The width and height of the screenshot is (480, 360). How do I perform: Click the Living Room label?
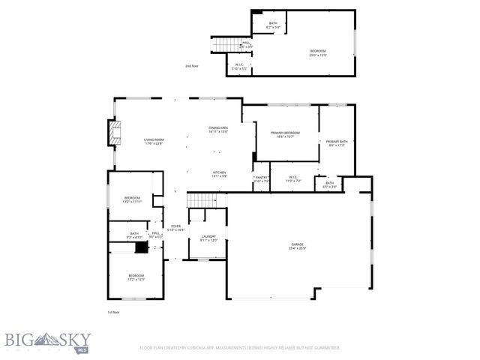pyautogui.click(x=154, y=142)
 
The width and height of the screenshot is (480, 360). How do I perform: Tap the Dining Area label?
pyautogui.click(x=219, y=130)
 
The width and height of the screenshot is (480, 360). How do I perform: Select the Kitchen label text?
pyautogui.click(x=219, y=174)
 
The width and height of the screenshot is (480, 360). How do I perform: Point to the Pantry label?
pyautogui.click(x=261, y=179)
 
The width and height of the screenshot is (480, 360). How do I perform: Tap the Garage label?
pyautogui.click(x=298, y=247)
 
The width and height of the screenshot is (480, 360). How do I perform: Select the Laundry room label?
pyautogui.click(x=208, y=238)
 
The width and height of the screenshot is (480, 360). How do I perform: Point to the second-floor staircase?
pyautogui.click(x=225, y=45)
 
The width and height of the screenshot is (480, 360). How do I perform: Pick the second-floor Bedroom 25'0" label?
pyautogui.click(x=318, y=52)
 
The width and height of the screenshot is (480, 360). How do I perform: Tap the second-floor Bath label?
pyautogui.click(x=273, y=25)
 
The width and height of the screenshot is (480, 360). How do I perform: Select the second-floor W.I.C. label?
pyautogui.click(x=238, y=66)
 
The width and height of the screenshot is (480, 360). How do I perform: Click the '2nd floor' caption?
pyautogui.click(x=192, y=66)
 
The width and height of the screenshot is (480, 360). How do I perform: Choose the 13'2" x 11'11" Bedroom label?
pyautogui.click(x=132, y=199)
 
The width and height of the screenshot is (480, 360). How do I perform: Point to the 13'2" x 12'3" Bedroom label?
pyautogui.click(x=136, y=277)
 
